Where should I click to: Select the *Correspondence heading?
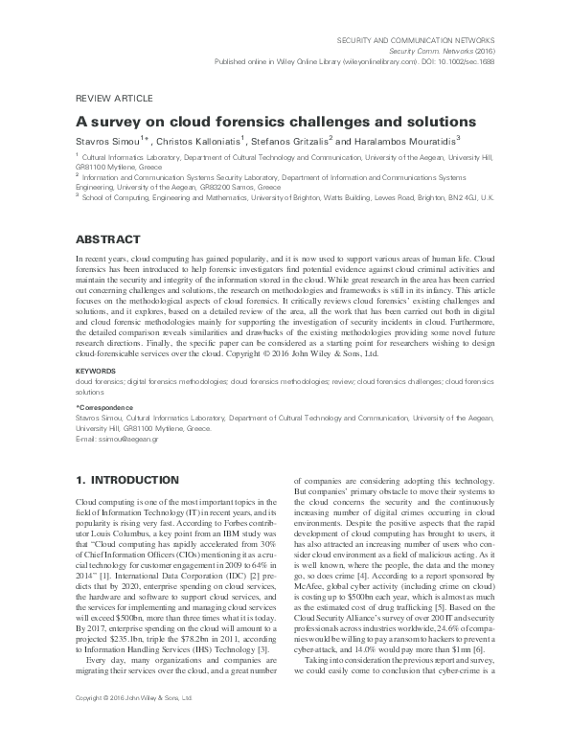pyautogui.click(x=104, y=408)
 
